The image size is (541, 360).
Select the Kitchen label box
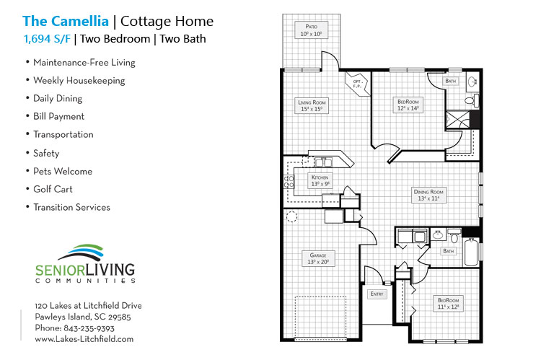coord(320,180)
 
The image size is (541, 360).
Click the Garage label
coord(318,258)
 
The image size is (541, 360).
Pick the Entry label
coord(377,294)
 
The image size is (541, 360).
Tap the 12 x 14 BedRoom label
coord(408,105)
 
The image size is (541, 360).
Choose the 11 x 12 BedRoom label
coord(448,302)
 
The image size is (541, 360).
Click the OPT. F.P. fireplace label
coord(356,83)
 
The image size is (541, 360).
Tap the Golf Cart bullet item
coord(53,189)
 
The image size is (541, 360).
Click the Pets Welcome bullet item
coord(62,171)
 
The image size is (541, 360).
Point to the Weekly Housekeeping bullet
coord(79,80)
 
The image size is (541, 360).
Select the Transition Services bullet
coord(71,207)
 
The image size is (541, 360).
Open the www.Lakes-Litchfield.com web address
coord(84,338)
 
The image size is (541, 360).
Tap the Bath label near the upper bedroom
coord(452,82)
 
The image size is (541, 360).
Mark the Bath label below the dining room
coord(448,251)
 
